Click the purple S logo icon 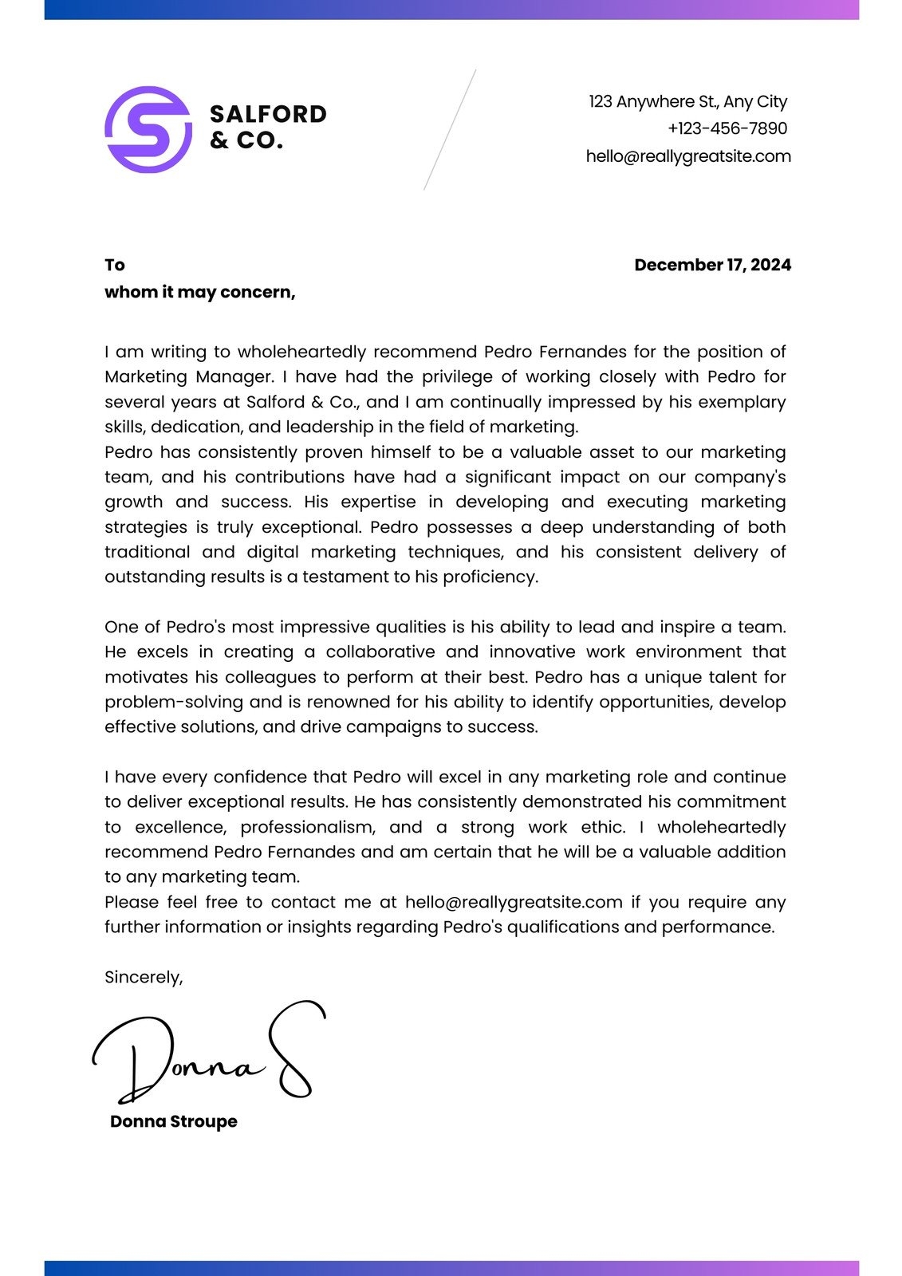coord(148,129)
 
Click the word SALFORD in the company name coord(268,114)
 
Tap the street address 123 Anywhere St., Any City coord(687,101)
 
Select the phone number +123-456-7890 coord(727,128)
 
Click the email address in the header coord(687,156)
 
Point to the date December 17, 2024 coord(712,265)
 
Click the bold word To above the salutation coord(115,265)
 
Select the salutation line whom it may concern coord(199,292)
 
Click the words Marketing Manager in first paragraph coord(188,376)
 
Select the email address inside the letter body coord(514,902)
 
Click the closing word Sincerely coord(144,977)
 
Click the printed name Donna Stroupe coord(174,1121)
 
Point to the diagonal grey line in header coord(450,129)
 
